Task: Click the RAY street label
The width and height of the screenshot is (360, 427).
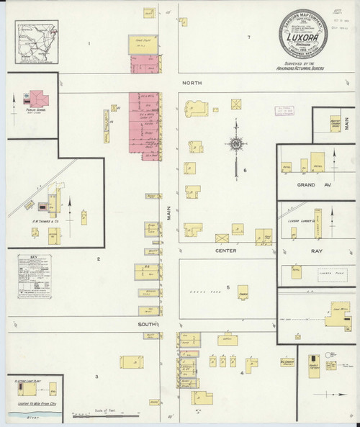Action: pos(318,253)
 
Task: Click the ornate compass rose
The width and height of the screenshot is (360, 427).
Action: pos(235,144)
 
